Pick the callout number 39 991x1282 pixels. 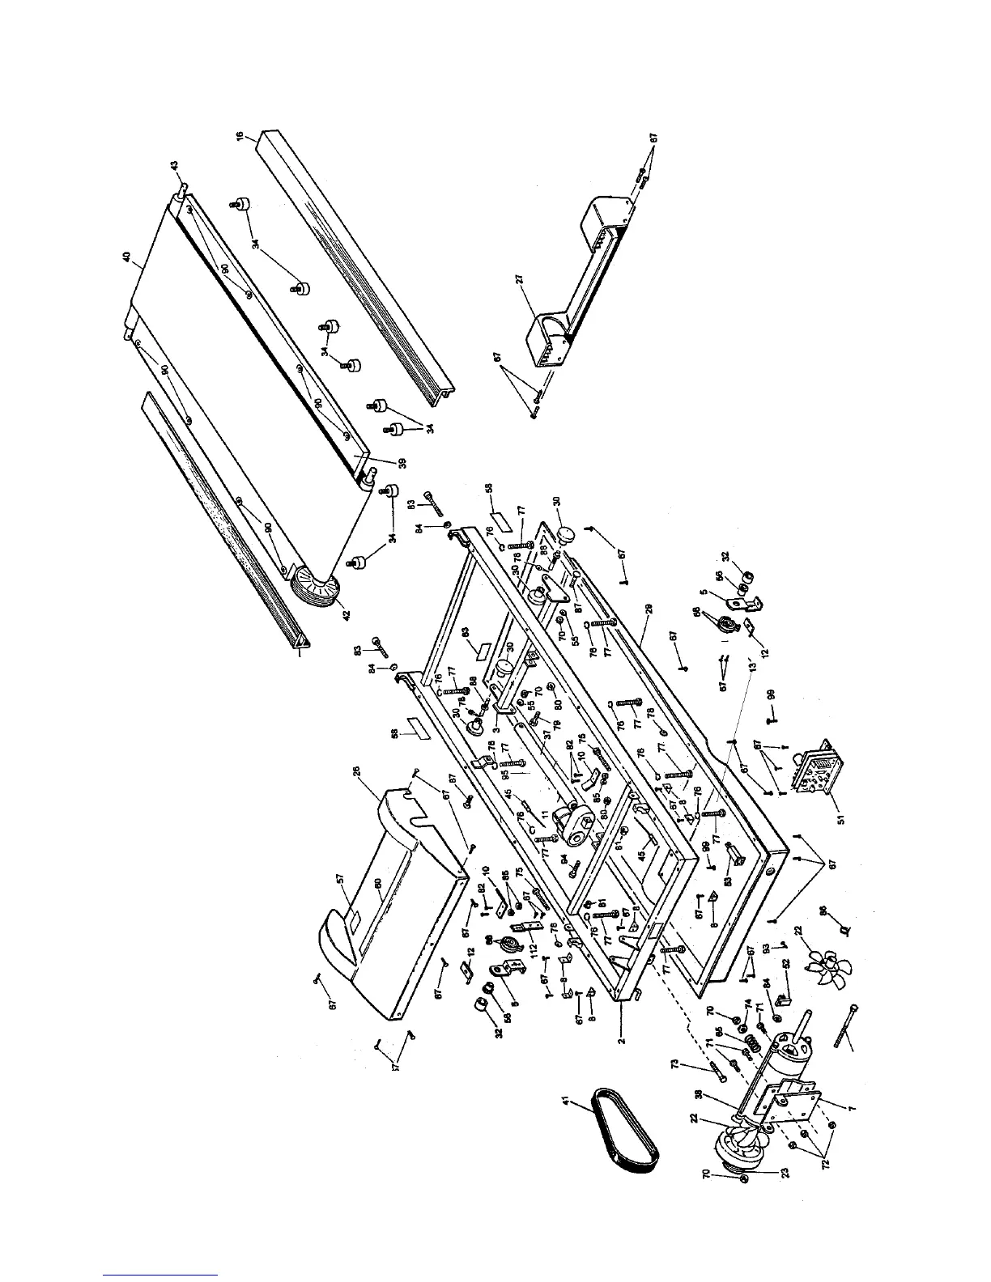401,463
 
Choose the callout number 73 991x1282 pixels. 677,1065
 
